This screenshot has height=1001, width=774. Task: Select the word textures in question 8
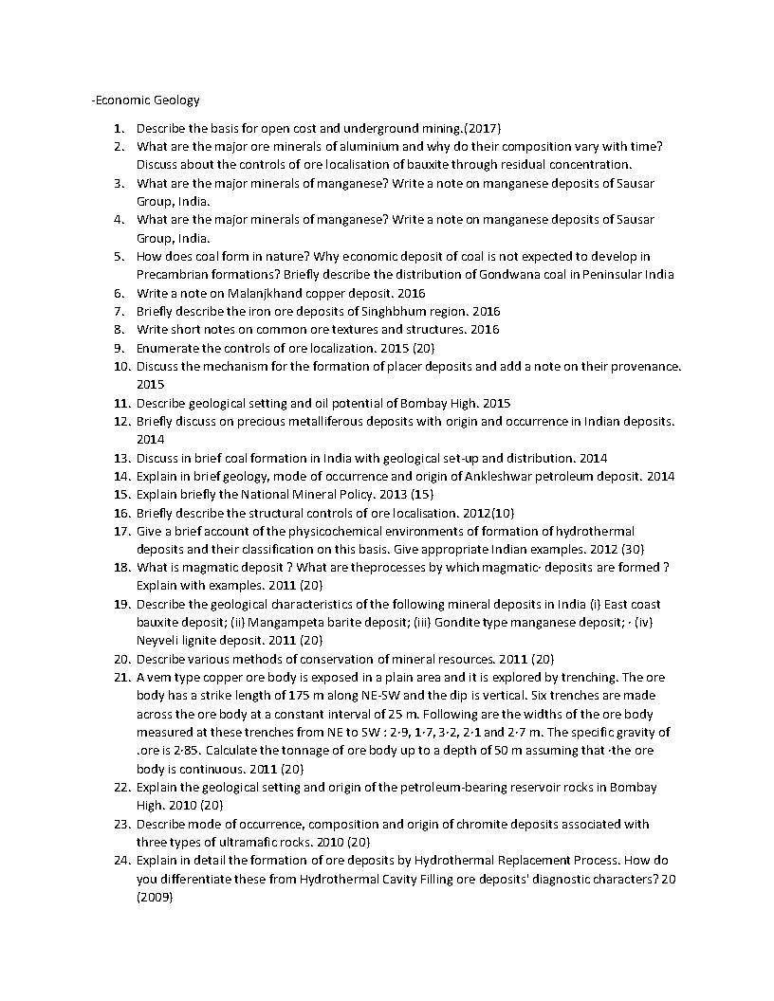point(337,329)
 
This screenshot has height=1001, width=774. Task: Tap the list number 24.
point(120,861)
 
